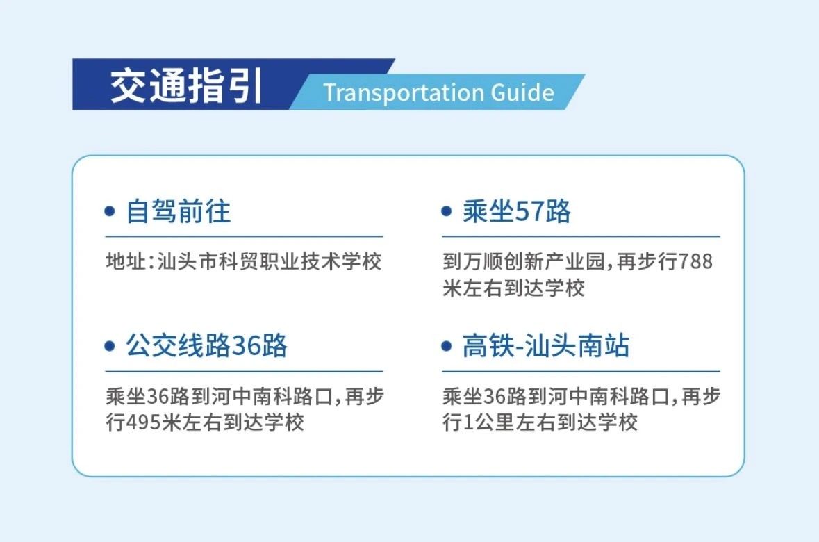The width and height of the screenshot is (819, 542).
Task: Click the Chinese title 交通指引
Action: [x=185, y=85]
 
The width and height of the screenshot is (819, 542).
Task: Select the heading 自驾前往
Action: [x=178, y=212]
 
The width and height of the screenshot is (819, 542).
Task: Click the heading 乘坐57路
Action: [x=516, y=212]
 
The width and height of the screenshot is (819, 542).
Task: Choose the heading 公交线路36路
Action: [x=206, y=346]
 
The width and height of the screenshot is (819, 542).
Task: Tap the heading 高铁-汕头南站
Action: [x=546, y=346]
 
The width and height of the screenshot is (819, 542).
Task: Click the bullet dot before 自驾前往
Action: [x=110, y=212]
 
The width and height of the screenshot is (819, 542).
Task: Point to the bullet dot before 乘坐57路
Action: [x=447, y=212]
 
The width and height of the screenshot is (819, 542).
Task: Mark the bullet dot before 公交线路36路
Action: [x=110, y=346]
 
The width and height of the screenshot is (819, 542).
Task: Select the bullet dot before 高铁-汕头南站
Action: [x=447, y=346]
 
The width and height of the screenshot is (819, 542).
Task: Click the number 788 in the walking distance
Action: [x=695, y=261]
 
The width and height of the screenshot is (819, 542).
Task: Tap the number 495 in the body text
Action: [x=144, y=422]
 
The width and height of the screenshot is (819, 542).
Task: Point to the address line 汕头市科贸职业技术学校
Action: [x=270, y=261]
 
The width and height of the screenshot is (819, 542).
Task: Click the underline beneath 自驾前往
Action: [x=244, y=237]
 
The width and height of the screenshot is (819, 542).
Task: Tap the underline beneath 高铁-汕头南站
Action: [x=581, y=371]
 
